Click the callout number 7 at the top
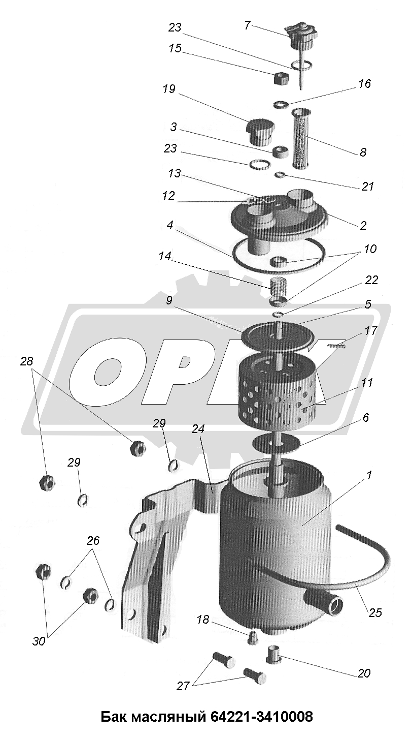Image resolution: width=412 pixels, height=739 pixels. pos(247,25)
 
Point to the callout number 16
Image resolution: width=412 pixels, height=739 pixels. pos(364,84)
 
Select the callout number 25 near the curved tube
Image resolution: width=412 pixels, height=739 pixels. pos(375,603)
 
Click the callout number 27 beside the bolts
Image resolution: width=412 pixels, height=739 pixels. pos(183,685)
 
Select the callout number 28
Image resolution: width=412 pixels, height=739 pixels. pos(27,361)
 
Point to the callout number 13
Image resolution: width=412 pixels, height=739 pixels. pos(175,173)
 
